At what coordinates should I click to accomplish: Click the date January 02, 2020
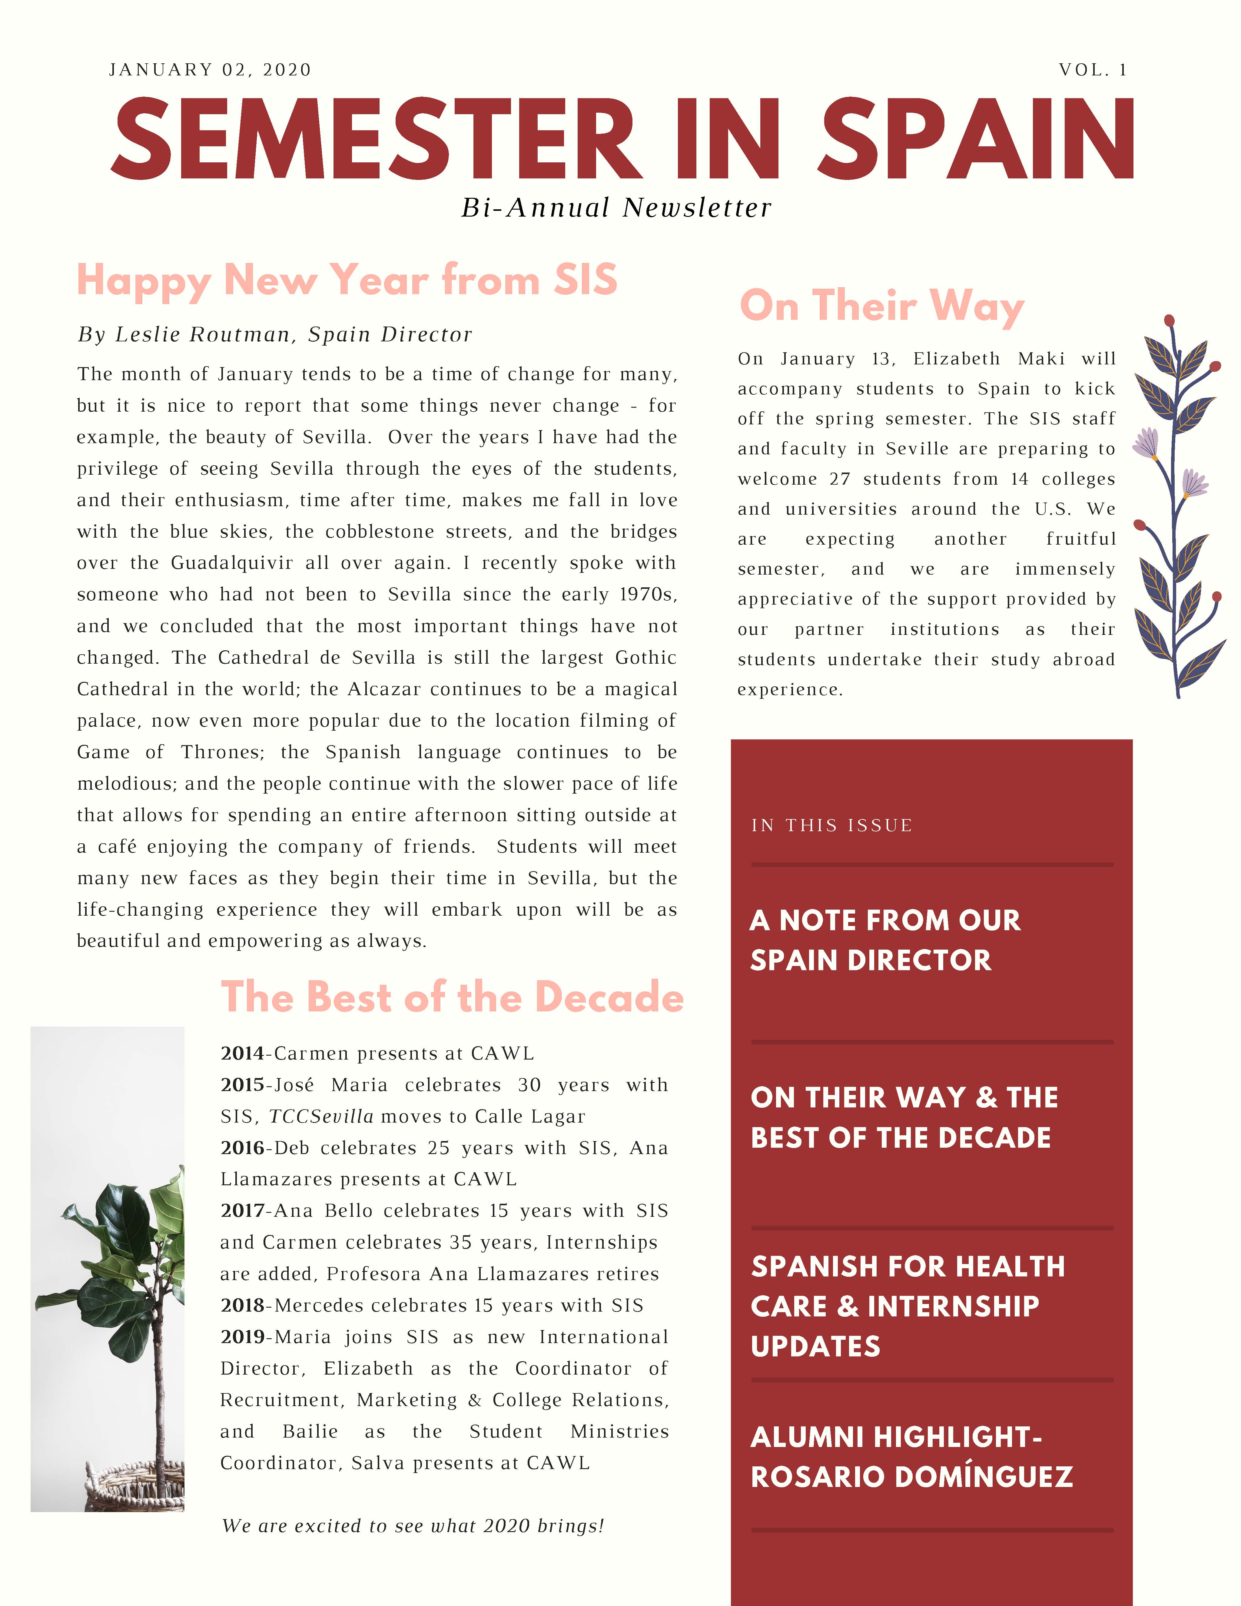click(x=210, y=70)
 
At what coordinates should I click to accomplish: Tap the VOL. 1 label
click(x=1093, y=70)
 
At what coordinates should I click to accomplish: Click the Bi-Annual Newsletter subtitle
click(x=616, y=208)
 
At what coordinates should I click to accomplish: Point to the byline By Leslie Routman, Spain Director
click(x=275, y=335)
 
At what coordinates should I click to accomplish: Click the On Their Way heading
click(x=881, y=306)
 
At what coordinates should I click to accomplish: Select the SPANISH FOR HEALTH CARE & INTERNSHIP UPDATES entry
click(x=907, y=1307)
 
